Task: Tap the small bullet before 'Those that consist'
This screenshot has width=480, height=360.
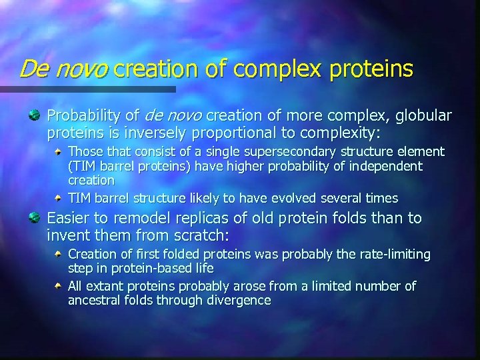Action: click(x=60, y=151)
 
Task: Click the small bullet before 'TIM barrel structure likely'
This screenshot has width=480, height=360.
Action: click(x=60, y=198)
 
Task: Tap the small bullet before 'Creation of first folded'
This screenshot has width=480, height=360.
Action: click(x=60, y=254)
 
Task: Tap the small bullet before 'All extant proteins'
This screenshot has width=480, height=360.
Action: click(x=60, y=286)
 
